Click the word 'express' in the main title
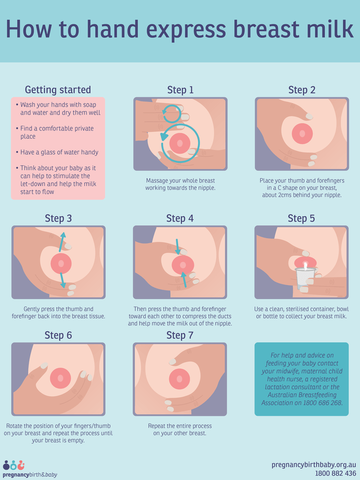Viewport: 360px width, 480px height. coord(167,29)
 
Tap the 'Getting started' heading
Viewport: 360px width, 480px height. coord(58,90)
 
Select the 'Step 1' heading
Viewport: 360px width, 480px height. coord(180,90)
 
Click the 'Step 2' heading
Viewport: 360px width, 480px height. coord(302,90)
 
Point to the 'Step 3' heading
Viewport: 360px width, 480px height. coord(58,218)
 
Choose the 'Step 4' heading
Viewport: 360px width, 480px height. coord(180,218)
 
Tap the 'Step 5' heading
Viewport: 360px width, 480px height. coord(302,218)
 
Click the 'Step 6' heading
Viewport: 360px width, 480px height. coord(58,336)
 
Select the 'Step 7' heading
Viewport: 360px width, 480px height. coord(180,336)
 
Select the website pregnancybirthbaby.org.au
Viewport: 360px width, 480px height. coord(314,465)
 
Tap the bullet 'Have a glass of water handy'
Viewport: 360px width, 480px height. coord(59,152)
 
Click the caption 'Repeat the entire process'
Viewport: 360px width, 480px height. coord(180,426)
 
